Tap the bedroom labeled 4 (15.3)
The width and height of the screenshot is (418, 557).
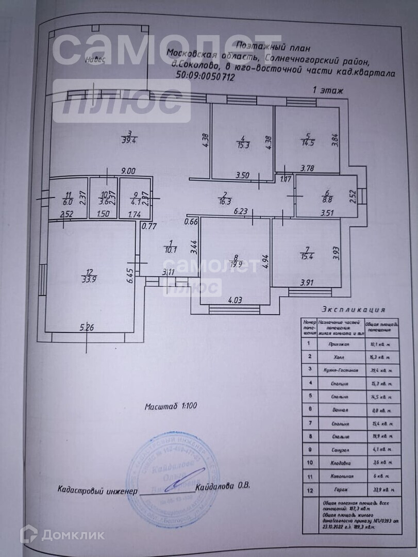[242, 142]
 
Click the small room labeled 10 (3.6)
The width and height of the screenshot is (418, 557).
[103, 199]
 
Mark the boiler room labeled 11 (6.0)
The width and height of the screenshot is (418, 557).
[68, 199]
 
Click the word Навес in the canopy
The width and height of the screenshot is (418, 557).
[96, 59]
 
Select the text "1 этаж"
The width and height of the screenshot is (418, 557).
[329, 90]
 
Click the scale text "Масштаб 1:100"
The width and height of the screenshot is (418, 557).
[171, 406]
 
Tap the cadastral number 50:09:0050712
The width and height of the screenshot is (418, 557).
[206, 78]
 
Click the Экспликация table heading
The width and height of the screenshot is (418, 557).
[353, 310]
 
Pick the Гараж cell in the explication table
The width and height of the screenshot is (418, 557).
[338, 490]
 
